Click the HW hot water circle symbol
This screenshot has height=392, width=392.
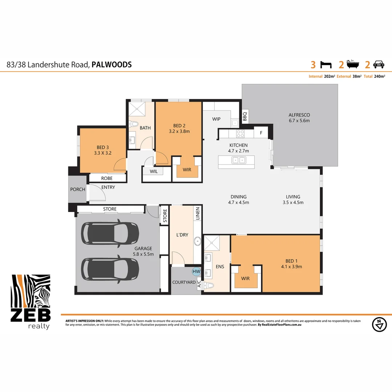pyautogui.click(x=196, y=271)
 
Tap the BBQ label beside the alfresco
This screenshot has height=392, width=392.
pyautogui.click(x=245, y=116)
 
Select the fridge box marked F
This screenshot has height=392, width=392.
pyautogui.click(x=261, y=132)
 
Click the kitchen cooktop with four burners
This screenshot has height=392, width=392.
pyautogui.click(x=240, y=133)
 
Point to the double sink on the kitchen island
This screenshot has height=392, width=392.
pyautogui.click(x=239, y=160)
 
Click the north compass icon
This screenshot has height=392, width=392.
pyautogui.click(x=379, y=324)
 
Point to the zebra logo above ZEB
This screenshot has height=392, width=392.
pyautogui.click(x=31, y=292)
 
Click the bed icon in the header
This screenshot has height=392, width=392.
pyautogui.click(x=326, y=65)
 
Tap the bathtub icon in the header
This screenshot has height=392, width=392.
pyautogui.click(x=352, y=64)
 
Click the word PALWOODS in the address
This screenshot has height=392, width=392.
pyautogui.click(x=111, y=65)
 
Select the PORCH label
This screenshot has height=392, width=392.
pyautogui.click(x=78, y=189)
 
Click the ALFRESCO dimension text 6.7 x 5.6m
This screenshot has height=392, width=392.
pyautogui.click(x=299, y=121)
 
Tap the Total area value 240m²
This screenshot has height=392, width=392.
pyautogui.click(x=380, y=77)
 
